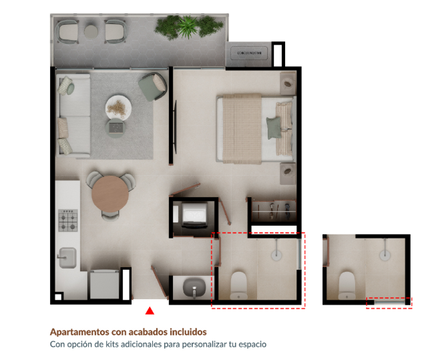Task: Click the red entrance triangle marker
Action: [150, 311]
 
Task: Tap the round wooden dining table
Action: [110, 194]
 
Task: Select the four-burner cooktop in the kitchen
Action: [67, 220]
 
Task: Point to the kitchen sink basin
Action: [67, 258]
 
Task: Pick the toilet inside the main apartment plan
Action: [238, 286]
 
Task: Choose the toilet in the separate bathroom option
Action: [347, 286]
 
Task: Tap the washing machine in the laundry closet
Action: [194, 215]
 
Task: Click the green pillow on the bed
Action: [274, 128]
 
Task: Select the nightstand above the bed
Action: [288, 83]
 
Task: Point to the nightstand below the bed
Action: [288, 174]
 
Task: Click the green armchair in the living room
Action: [152, 86]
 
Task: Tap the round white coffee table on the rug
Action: [118, 108]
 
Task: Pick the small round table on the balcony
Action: [91, 31]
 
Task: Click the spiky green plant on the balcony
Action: [188, 27]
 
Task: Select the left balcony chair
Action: [67, 31]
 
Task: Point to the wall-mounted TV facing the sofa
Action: [175, 127]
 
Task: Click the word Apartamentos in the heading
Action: [80, 332]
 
